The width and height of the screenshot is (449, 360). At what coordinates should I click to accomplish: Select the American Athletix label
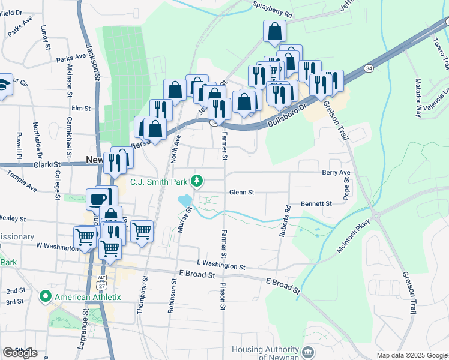pyautogui.click(x=88, y=297)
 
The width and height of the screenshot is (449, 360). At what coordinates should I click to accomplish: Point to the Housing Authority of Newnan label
pyautogui.click(x=266, y=354)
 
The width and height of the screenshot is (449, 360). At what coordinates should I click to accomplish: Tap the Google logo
pyautogui.click(x=20, y=353)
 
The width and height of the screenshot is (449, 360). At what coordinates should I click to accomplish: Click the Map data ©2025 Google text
pyautogui.click(x=412, y=355)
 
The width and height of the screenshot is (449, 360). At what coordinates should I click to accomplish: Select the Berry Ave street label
pyautogui.click(x=336, y=172)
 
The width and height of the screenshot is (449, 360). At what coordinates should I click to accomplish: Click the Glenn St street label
pyautogui.click(x=242, y=193)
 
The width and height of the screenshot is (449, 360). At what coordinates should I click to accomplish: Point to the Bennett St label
pyautogui.click(x=316, y=204)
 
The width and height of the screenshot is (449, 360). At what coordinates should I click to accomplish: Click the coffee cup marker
pyautogui.click(x=98, y=198)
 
